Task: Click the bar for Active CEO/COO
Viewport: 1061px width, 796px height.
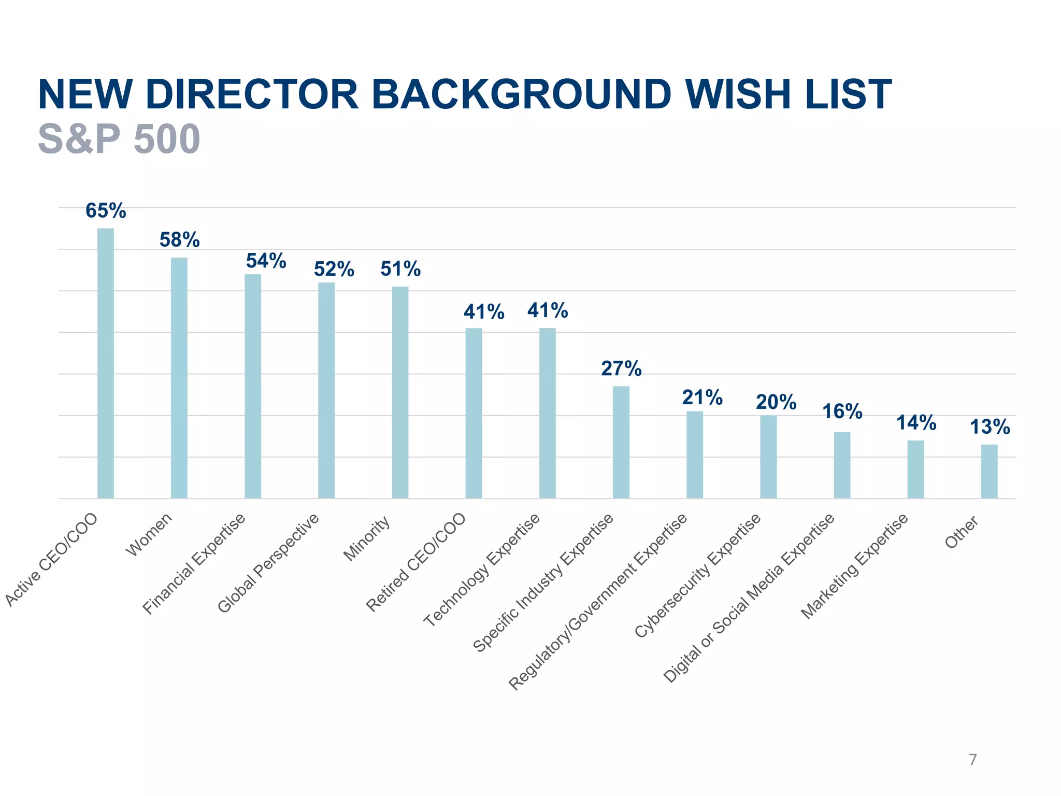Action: click(x=106, y=363)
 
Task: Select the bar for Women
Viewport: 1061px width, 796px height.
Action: click(x=179, y=378)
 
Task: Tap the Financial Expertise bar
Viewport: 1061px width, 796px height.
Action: click(x=253, y=386)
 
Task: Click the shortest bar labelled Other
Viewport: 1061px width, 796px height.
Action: click(x=989, y=471)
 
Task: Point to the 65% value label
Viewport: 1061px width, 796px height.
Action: click(x=106, y=211)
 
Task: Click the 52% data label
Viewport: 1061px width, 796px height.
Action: click(x=334, y=269)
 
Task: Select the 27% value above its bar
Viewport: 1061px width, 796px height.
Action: click(x=621, y=369)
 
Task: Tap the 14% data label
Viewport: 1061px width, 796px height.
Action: click(x=916, y=423)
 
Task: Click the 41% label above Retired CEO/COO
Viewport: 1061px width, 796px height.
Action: click(x=484, y=312)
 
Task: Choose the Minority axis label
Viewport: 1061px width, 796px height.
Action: click(x=367, y=539)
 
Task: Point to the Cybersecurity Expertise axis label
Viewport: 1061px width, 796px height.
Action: click(x=698, y=576)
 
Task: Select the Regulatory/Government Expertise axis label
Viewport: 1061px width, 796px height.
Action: click(x=598, y=601)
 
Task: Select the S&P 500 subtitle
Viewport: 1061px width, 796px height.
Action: click(x=119, y=139)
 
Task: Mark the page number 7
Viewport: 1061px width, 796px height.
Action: click(x=972, y=760)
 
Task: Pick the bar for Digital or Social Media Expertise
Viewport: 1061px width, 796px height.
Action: click(x=842, y=465)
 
